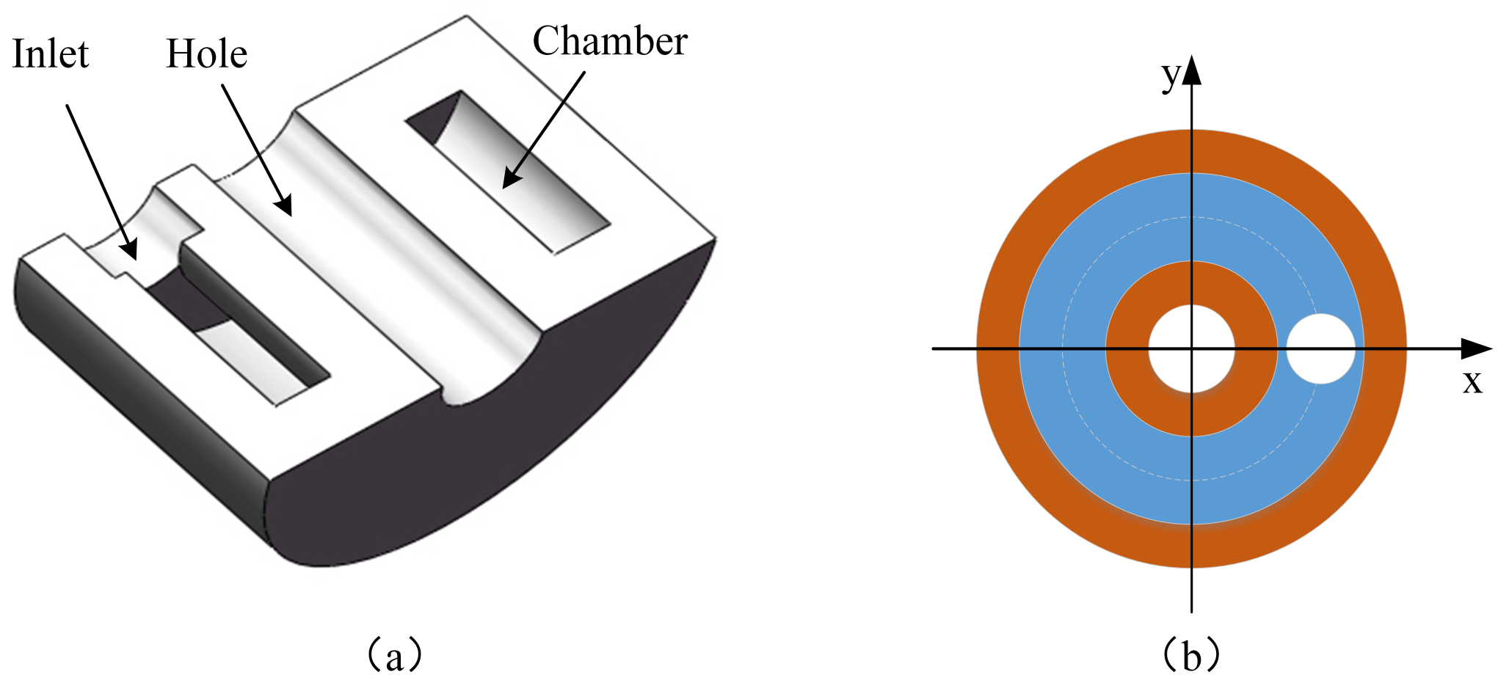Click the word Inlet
coord(50,54)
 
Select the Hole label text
coord(206,54)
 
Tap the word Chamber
coord(609,41)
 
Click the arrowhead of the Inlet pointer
coord(131,250)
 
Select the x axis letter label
coord(1472,382)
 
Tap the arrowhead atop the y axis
coord(1191,70)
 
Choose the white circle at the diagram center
coord(1191,348)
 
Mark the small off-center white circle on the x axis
coord(1320,348)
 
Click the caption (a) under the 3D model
coord(394,655)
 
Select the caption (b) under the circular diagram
coord(1191,655)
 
